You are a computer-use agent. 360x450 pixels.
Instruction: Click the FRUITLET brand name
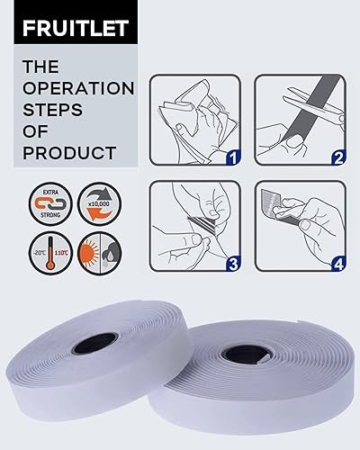(76, 29)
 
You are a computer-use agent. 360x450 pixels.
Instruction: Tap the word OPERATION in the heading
(78, 88)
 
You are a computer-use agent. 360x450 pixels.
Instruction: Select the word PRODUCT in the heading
(69, 153)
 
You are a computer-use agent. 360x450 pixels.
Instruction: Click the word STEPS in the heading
(52, 110)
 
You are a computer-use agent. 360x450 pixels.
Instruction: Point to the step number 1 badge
(233, 157)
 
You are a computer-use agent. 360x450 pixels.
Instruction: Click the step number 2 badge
(338, 157)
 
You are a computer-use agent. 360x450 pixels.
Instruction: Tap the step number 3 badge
(233, 264)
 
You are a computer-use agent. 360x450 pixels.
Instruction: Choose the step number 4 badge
(338, 264)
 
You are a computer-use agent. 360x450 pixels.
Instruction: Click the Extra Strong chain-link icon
(50, 203)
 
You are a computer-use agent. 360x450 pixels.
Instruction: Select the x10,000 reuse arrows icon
(99, 203)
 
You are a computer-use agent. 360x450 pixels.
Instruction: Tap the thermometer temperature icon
(50, 253)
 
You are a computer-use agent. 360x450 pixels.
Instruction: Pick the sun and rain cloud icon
(99, 253)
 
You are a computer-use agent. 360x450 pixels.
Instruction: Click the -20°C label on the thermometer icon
(40, 253)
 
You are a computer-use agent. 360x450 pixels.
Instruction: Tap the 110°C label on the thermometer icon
(61, 253)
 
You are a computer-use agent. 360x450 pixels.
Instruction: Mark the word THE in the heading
(40, 67)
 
